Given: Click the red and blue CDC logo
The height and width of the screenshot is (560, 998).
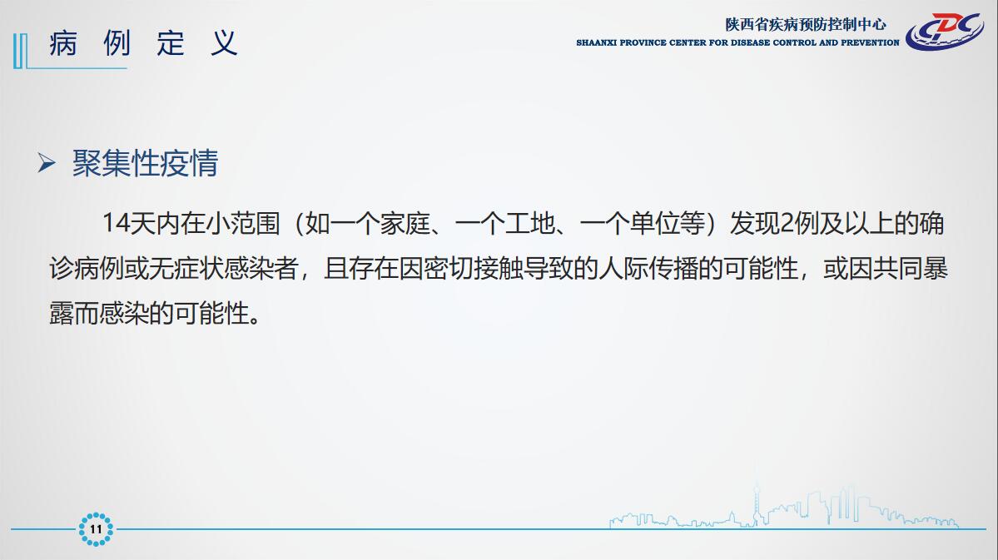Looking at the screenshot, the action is [945, 31].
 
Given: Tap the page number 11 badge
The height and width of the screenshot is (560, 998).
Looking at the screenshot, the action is [96, 529].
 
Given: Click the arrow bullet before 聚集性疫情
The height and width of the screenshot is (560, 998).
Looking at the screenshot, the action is [47, 163].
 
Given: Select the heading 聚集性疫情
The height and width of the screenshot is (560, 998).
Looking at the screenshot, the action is [145, 163].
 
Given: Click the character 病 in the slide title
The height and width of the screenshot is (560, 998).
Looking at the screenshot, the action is [63, 43].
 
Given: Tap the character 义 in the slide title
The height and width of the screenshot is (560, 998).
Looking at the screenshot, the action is [224, 43].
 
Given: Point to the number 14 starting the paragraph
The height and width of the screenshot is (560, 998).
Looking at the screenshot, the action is [116, 223].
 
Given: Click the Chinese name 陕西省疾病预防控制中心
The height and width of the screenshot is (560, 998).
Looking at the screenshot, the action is [806, 24].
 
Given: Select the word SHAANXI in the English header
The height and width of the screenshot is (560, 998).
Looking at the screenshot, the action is [596, 42].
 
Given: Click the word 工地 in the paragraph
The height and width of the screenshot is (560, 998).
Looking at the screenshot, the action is [530, 223].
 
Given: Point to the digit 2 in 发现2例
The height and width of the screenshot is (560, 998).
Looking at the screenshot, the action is [786, 223].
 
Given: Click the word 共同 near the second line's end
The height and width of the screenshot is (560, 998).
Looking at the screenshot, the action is [898, 269].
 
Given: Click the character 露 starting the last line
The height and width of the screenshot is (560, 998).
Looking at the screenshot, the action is [62, 313].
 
